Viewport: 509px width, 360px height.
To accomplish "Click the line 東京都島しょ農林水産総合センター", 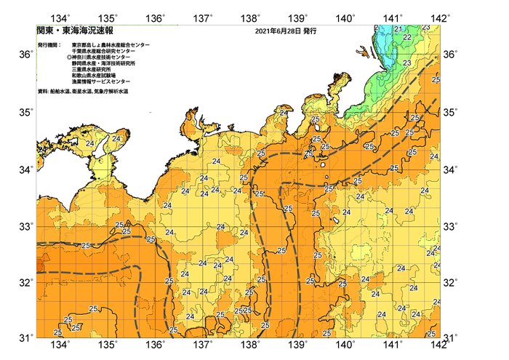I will [111, 45].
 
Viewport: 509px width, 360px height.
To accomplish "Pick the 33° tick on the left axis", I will [25, 225].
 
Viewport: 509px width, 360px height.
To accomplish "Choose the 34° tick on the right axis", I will [451, 169].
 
